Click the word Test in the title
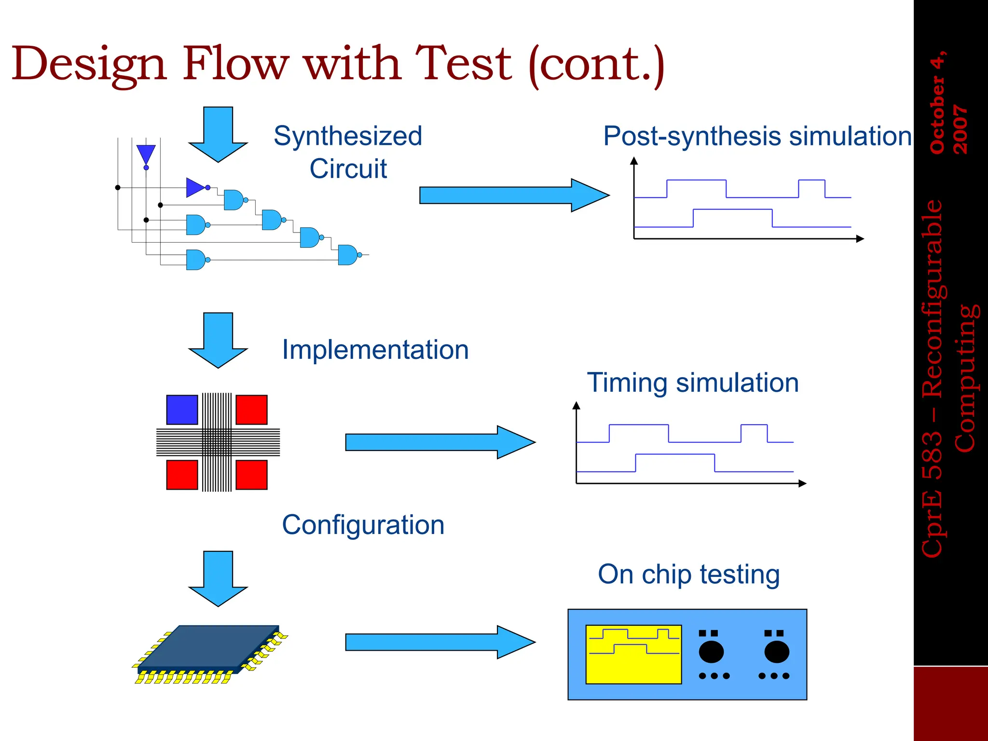pos(463,64)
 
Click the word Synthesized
pos(348,136)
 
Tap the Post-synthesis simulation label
pos(757,136)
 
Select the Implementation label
pos(375,350)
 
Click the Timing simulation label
pos(693,383)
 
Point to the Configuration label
pos(363,525)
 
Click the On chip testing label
pos(688,575)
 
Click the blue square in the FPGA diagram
pos(182,410)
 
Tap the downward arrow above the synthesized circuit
pos(218,134)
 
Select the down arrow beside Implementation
pos(218,340)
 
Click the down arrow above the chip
pos(218,578)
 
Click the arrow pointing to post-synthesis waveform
pos(514,195)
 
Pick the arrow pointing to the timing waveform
pos(440,442)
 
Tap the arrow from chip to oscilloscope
pos(440,642)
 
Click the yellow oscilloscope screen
pos(633,655)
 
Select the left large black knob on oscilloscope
pos(711,652)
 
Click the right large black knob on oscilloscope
pos(777,652)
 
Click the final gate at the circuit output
pos(347,255)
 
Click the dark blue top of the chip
pos(208,646)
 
